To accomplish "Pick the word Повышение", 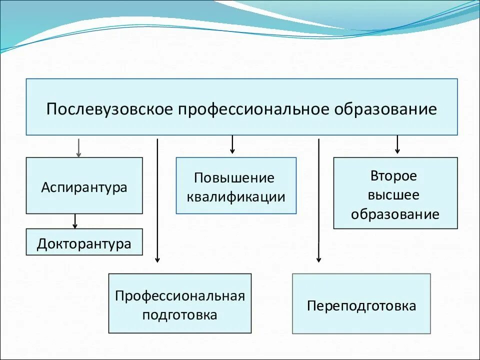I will point(234,178).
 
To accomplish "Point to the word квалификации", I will point(236,196).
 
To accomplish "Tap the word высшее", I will point(395,195).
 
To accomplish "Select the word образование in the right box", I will point(395,214).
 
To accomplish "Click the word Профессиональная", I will point(180,295).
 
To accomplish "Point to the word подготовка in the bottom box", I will point(180,315).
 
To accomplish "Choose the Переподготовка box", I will point(361,305).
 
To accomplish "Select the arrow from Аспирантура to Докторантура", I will point(75,221).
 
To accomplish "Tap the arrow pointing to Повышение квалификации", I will point(232,144).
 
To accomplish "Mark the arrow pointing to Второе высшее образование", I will point(397,144).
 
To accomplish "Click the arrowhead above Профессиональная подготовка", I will point(157,259).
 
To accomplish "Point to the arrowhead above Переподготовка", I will point(318,259).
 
